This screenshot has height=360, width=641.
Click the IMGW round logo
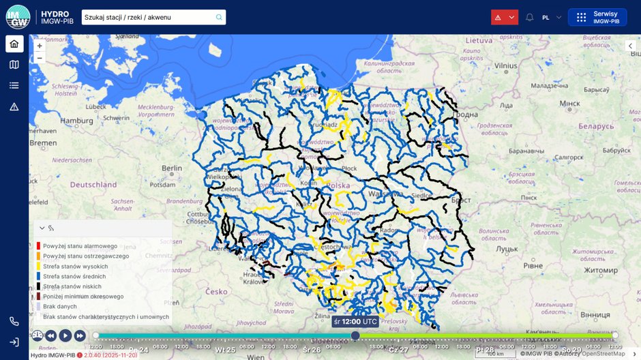(x=18, y=17)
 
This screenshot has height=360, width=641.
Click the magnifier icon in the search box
(x=219, y=17)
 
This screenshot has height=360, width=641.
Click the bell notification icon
(x=529, y=17)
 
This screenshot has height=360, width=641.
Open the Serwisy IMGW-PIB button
(x=597, y=17)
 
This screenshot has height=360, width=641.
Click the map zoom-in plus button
(x=40, y=46)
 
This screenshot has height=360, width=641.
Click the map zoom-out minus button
(x=40, y=58)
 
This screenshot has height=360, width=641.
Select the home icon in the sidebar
(x=14, y=44)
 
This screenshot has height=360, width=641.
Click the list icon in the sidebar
(x=14, y=85)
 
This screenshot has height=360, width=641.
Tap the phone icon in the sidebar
(x=14, y=321)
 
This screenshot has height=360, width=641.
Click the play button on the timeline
(x=65, y=335)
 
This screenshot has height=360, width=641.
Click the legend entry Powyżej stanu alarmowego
(x=80, y=246)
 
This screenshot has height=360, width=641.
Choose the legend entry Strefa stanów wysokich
(x=75, y=266)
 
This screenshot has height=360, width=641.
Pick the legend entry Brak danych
(x=60, y=306)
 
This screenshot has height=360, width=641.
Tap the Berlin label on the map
(x=172, y=168)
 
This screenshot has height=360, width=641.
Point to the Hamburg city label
(x=76, y=121)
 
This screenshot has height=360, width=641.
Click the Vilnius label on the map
(x=506, y=66)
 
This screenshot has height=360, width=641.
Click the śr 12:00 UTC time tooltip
(x=355, y=321)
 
